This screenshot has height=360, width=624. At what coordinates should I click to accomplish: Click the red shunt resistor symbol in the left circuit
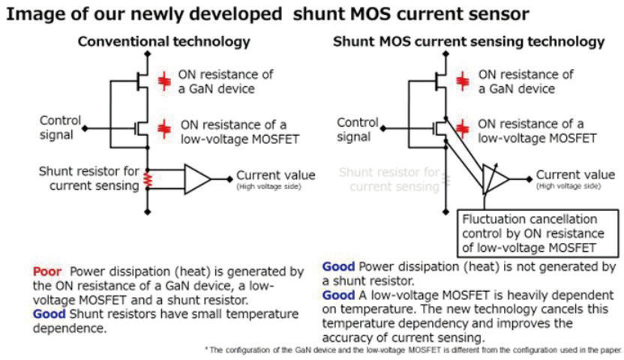(148, 180)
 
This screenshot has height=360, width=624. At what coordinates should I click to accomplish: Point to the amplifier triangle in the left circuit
(198, 179)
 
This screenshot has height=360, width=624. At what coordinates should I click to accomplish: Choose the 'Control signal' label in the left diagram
(59, 127)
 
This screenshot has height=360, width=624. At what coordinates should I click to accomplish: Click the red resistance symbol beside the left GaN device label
(163, 81)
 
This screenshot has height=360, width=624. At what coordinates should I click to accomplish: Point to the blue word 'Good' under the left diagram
(49, 314)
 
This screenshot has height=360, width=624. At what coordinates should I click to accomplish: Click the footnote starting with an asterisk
(412, 349)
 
